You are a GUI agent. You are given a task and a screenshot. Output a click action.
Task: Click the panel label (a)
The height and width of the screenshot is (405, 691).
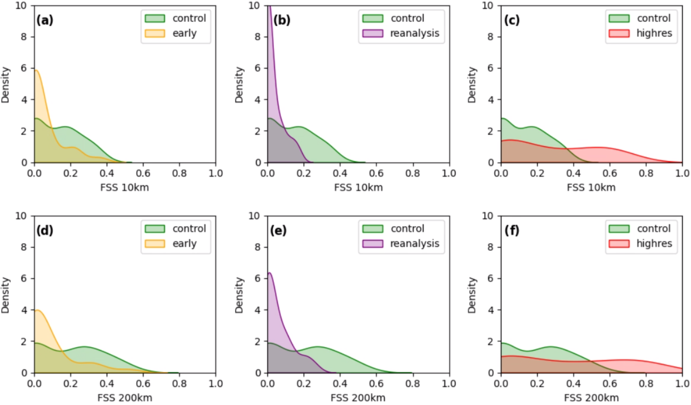coord(44,20)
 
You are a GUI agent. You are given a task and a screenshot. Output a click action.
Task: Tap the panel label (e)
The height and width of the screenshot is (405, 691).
coord(278,230)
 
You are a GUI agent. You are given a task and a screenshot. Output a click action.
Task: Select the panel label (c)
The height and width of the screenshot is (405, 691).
coord(512,20)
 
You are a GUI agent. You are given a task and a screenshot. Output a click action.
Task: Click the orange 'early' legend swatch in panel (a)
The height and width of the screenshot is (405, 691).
coord(155,33)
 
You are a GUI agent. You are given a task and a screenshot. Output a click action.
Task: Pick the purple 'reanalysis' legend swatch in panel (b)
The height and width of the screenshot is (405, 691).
coord(372,33)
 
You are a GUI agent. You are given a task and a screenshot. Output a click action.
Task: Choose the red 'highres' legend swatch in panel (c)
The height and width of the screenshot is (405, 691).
coord(619,33)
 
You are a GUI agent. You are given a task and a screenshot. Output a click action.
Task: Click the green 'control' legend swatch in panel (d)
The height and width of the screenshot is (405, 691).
coord(155,229)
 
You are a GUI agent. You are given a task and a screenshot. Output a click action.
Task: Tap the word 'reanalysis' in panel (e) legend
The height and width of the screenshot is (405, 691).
coord(415,244)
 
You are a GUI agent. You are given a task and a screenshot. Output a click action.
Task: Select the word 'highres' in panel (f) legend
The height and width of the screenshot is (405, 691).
coord(654,244)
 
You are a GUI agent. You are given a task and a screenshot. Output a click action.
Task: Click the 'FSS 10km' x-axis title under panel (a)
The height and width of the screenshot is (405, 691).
coord(124,188)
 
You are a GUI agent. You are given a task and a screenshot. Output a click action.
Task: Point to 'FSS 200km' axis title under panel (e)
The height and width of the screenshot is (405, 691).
coord(358,398)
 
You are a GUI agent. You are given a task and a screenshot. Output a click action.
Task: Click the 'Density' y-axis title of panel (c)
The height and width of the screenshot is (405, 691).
coord(471,85)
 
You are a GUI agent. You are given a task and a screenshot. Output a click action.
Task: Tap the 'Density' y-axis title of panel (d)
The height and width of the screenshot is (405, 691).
coord(5,295)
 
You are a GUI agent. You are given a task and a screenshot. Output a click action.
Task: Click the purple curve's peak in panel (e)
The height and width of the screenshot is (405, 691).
coord(269,273)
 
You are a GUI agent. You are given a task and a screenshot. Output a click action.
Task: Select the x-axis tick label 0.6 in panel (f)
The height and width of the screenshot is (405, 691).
coord(610,383)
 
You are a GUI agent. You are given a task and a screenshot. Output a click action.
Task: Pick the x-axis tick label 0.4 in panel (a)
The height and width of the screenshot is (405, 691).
coord(107,173)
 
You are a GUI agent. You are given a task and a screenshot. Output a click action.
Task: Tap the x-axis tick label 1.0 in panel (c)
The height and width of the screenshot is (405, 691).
coord(682,173)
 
